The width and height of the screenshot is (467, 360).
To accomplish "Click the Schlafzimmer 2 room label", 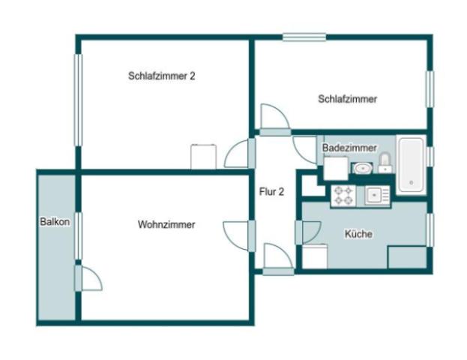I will coord(162,76).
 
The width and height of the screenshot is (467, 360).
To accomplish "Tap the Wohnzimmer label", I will coord(166,224).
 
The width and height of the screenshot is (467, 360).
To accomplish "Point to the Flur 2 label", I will coord(271,192).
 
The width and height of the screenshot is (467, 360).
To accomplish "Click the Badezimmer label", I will coord(349,148).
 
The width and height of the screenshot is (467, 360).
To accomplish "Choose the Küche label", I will coord(358,234).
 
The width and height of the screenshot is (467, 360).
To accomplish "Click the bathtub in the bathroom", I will coord(411,164).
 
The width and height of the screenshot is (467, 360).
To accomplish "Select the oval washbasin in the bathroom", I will coord(362,168).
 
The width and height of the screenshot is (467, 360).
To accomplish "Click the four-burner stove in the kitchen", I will coord(343,196).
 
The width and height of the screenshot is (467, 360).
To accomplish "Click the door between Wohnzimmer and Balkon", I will coord(88,277).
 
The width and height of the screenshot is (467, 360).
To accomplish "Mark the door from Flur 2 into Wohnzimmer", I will coord(240,234).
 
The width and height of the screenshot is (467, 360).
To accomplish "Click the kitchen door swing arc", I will coord(308,232).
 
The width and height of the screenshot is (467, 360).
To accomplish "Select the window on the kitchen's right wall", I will coord(430,230).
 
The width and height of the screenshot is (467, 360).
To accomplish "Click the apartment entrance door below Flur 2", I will coord(277,258).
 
